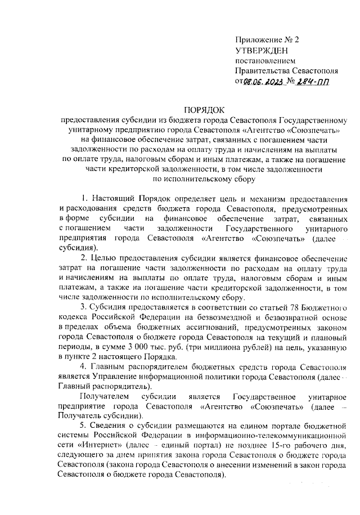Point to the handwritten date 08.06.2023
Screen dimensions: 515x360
pos(264,82)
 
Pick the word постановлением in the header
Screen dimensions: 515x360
pos(264,61)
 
